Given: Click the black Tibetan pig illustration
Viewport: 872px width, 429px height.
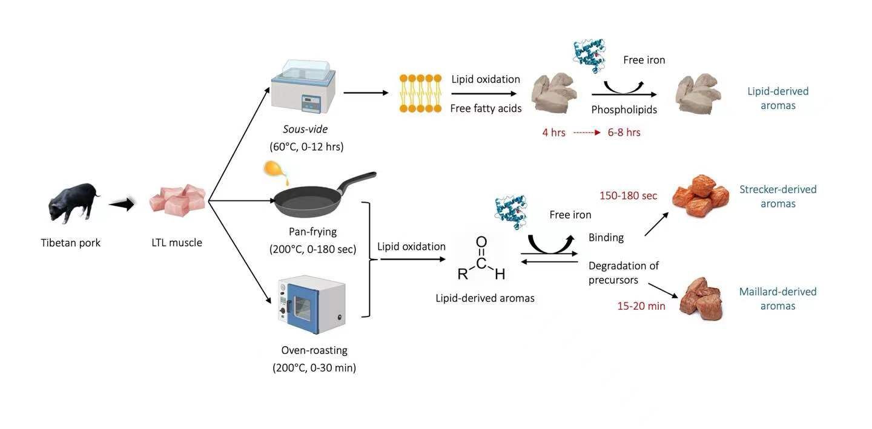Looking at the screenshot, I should [72, 203].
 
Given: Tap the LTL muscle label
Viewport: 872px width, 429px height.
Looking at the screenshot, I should [177, 243].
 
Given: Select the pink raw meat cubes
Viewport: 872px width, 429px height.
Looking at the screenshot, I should [177, 199].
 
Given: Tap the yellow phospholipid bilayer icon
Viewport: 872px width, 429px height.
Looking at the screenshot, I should [420, 93].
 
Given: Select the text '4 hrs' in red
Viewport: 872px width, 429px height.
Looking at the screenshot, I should [553, 133].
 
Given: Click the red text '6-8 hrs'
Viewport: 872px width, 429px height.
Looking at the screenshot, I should [624, 133].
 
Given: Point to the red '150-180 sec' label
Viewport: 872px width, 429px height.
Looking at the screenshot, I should [628, 195].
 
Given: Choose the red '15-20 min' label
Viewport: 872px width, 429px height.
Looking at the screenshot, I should [641, 306].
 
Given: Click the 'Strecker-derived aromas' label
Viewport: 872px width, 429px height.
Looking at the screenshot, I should [778, 196].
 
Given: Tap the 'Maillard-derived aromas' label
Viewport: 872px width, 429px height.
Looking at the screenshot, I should [778, 298].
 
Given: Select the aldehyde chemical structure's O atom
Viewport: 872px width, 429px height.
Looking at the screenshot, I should [481, 242].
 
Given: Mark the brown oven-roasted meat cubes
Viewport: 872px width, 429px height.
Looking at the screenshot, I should [701, 298].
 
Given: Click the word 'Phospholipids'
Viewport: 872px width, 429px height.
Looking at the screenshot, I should [624, 110].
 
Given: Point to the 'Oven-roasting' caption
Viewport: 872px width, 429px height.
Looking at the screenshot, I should [314, 350].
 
